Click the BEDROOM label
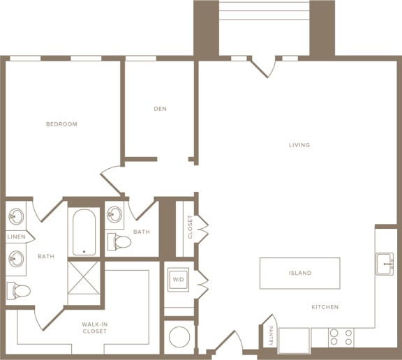point(61,124)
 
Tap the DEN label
point(161,109)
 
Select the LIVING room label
point(299,145)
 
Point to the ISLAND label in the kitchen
point(300,273)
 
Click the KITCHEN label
point(325,307)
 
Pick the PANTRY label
point(271,336)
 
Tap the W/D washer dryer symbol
point(179,280)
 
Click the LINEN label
point(17,237)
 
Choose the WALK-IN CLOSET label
point(95,328)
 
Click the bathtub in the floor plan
point(84,232)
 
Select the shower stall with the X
point(84,278)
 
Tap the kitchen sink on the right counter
point(385,264)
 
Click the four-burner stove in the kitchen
point(341,337)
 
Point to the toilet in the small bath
point(119,241)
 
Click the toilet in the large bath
point(18,291)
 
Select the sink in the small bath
point(114,214)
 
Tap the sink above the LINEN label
point(16,216)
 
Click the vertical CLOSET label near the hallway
point(190,227)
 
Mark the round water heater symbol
point(179,336)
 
